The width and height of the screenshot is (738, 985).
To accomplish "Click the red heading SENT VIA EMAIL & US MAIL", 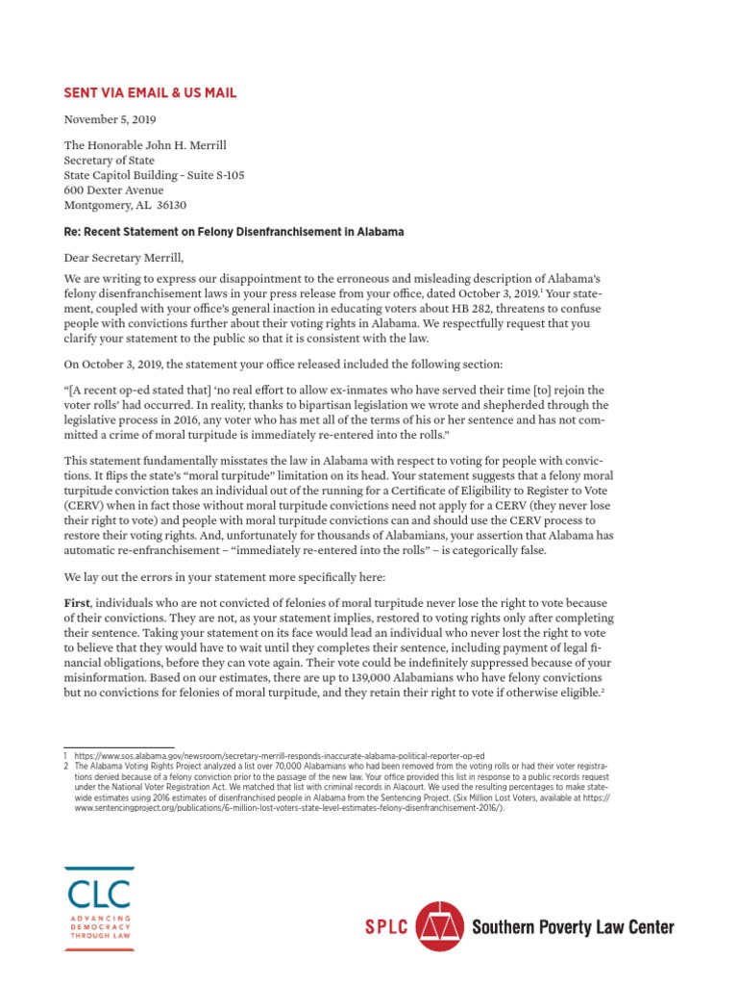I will pos(150,93).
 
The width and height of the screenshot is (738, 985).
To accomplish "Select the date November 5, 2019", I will pos(108,120).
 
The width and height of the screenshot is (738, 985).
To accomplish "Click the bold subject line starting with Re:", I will pos(234,232).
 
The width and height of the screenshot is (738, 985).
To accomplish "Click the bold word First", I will pos(78,602).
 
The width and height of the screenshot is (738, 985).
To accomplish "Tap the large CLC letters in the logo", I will pos(98,894).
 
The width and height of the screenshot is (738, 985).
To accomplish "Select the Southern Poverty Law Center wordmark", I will pos(573,927).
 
